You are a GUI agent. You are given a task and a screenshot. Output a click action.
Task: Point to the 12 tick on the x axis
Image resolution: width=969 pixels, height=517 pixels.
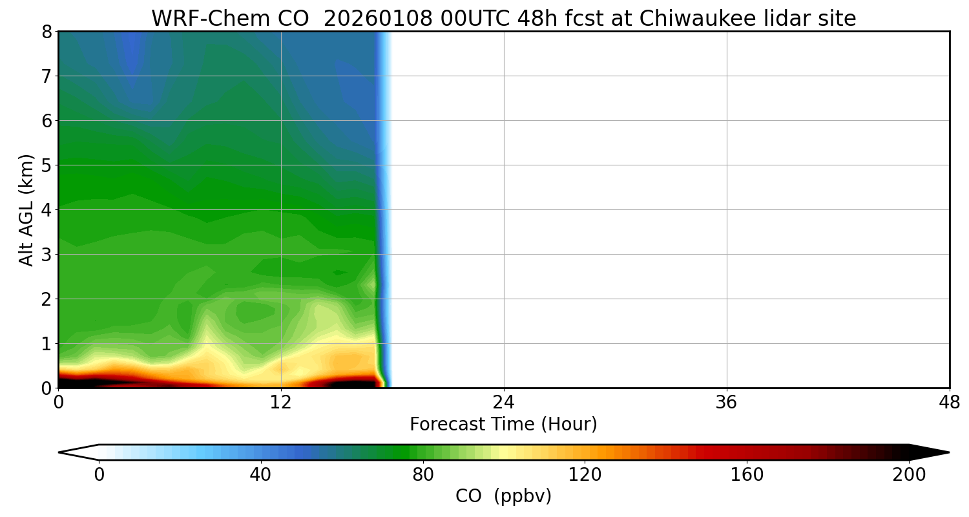point(281,403)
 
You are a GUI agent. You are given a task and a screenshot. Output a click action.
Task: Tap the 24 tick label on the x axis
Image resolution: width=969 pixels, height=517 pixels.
point(504,403)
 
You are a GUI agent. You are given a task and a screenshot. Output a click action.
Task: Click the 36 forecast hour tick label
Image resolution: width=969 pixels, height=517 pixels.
point(727,403)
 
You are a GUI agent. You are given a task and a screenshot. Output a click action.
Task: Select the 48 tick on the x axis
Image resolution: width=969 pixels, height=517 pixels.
point(949,403)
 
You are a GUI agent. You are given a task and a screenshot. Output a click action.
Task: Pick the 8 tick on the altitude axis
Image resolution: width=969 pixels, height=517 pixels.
point(47,32)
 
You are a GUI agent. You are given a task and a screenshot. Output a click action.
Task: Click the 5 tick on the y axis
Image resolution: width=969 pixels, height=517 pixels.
point(47,165)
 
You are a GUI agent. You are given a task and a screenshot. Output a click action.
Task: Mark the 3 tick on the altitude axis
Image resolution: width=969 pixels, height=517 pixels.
point(47,255)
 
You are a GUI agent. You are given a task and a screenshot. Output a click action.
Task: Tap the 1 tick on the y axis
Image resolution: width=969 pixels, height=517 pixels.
point(47,344)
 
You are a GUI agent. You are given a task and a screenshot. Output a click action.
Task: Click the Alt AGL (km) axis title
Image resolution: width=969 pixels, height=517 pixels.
point(26,209)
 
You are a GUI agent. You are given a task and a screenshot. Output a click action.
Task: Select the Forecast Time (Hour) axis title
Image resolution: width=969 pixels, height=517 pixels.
point(503,425)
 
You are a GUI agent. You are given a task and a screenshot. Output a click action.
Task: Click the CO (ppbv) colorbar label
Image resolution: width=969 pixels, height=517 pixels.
point(503,496)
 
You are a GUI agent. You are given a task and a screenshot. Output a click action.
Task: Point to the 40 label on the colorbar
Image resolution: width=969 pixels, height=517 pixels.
point(260,475)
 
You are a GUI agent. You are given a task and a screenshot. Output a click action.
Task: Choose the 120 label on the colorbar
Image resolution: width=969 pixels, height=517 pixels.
point(585,475)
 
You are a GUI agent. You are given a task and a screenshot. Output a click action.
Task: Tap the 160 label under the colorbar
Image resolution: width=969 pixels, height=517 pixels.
point(747,475)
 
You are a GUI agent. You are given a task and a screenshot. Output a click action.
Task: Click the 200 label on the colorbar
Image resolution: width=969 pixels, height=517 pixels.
point(909,475)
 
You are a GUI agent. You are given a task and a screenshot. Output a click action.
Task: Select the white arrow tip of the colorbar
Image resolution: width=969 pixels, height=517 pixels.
point(76,452)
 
